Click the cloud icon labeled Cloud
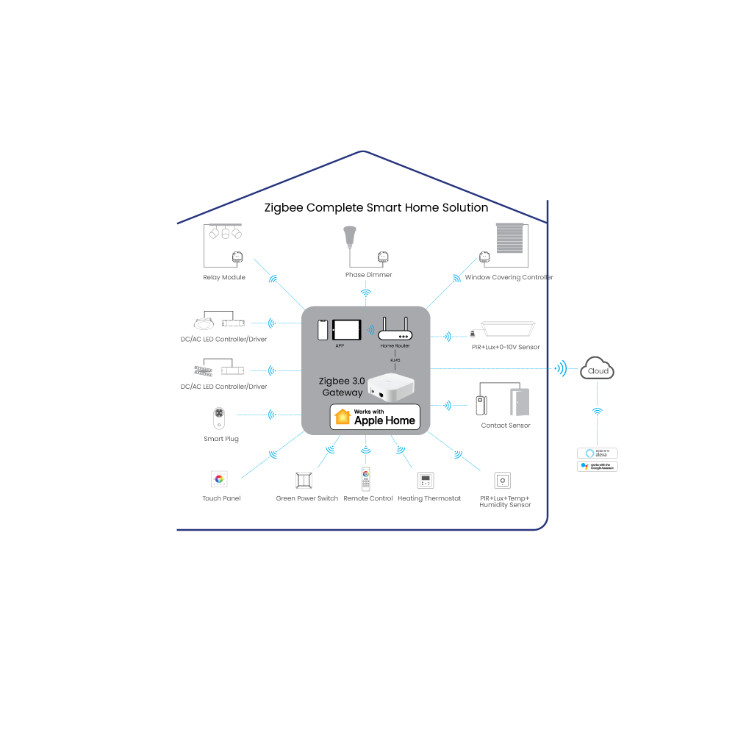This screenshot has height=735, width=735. pyautogui.click(x=597, y=369)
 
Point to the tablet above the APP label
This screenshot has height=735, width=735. pyautogui.click(x=347, y=329)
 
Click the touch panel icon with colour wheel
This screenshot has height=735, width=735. pyautogui.click(x=219, y=479)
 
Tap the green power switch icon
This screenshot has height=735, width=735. pyautogui.click(x=304, y=480)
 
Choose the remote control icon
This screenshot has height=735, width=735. pyautogui.click(x=366, y=479)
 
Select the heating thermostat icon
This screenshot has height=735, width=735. pyautogui.click(x=426, y=481)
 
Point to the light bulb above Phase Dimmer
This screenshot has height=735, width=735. pyautogui.click(x=350, y=237)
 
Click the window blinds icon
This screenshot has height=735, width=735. pyautogui.click(x=509, y=239)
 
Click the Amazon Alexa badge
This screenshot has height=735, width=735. pyautogui.click(x=598, y=453)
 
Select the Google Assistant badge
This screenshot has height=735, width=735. pyautogui.click(x=598, y=466)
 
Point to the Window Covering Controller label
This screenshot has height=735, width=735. pyautogui.click(x=509, y=278)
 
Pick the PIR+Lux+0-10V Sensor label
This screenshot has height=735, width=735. pyautogui.click(x=506, y=346)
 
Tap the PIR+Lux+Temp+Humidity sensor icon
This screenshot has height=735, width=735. pyautogui.click(x=503, y=481)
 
